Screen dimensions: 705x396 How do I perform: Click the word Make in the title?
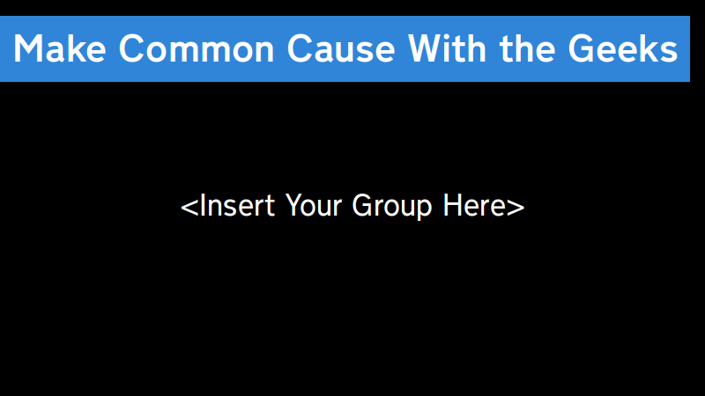point(60,48)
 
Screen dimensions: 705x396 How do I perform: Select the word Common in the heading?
point(197,48)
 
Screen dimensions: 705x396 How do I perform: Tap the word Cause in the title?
point(341,48)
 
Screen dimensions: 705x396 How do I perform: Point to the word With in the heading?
point(448,48)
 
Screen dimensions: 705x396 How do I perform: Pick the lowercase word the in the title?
point(527,48)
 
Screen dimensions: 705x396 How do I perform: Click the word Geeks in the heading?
point(623,48)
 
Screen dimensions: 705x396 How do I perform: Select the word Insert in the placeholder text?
point(237,206)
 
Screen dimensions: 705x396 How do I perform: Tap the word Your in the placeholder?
point(314,206)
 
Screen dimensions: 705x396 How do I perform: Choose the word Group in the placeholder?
point(391,207)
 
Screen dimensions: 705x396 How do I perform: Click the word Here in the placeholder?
point(474,206)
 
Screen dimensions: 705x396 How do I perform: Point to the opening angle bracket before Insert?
point(189,207)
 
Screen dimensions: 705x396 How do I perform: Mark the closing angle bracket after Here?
point(516,207)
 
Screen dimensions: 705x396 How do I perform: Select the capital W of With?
point(427,48)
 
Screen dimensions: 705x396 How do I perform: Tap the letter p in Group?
point(425,210)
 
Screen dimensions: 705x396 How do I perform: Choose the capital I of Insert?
point(202,205)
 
